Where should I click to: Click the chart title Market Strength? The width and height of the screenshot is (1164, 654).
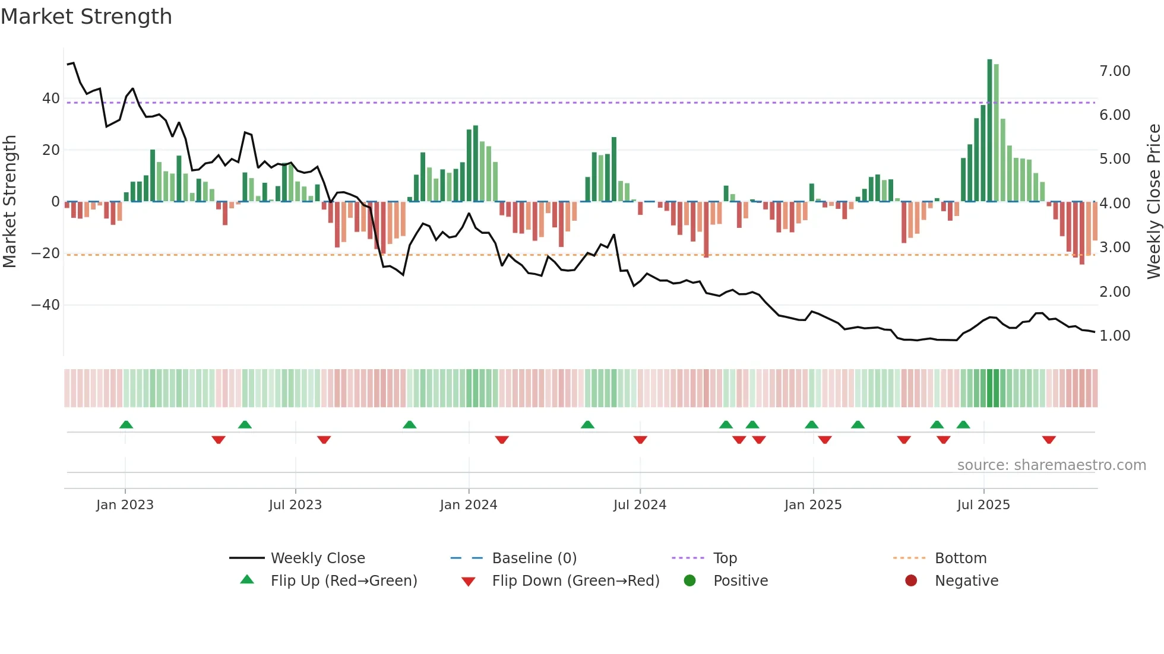(x=86, y=17)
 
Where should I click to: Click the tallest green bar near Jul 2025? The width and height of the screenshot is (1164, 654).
(x=989, y=131)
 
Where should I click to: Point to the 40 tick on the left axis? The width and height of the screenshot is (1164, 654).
(x=51, y=99)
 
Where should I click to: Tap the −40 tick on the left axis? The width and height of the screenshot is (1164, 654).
(x=46, y=305)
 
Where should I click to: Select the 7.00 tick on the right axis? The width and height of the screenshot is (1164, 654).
(x=1115, y=71)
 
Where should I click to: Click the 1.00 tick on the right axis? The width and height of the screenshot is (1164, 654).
(x=1115, y=336)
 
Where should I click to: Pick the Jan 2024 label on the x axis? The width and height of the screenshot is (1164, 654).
(x=469, y=505)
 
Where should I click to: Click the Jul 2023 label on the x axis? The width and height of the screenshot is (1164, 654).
(x=295, y=505)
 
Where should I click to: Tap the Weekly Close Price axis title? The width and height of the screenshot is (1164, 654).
(x=1153, y=202)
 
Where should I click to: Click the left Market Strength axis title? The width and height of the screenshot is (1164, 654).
(x=10, y=202)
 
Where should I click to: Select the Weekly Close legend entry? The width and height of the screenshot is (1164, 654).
(x=318, y=558)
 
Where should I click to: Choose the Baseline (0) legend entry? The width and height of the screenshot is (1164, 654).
(x=534, y=558)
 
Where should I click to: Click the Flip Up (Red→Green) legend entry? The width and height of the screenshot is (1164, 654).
(x=343, y=581)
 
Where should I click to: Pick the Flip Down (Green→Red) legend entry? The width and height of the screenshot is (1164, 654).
(x=575, y=581)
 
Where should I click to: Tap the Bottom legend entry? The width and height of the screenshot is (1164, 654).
(x=960, y=558)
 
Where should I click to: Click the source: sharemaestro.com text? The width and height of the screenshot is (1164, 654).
(x=1051, y=465)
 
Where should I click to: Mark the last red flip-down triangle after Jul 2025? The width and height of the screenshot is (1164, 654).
(x=1049, y=440)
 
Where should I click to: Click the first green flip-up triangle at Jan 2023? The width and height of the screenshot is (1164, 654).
(x=126, y=424)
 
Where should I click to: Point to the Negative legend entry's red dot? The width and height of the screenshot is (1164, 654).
(x=911, y=581)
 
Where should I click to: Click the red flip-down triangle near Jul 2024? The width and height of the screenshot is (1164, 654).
(x=640, y=440)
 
